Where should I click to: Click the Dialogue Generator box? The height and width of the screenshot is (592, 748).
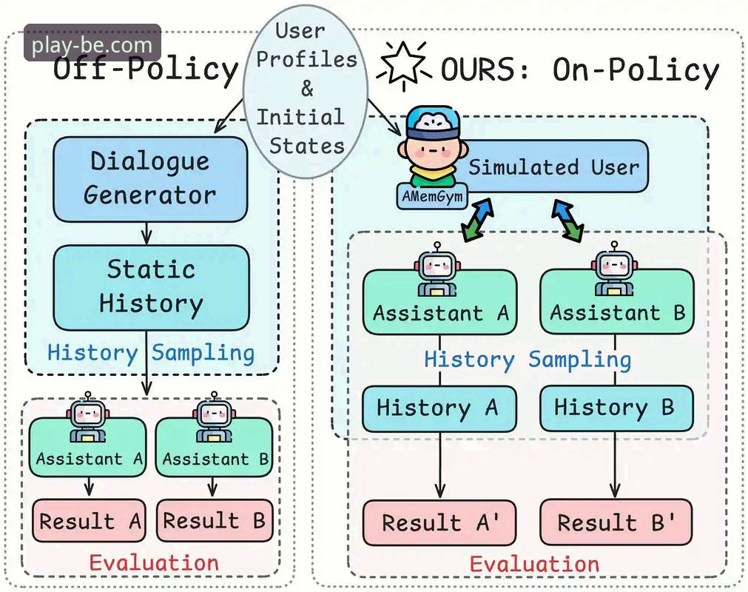150,179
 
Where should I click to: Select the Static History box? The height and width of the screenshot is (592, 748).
151,288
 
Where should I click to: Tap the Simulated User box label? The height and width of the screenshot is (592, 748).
553,167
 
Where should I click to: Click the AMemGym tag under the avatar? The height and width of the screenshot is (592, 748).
432,196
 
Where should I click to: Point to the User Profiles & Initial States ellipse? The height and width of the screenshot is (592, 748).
306,90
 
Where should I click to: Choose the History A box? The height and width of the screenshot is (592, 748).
439,408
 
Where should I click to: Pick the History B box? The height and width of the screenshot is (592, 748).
616,408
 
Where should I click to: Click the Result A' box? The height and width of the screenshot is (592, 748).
439,522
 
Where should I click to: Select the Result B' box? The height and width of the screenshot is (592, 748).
616,522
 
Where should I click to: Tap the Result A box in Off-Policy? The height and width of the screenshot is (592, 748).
89,520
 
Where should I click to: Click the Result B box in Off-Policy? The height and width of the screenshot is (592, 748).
215,520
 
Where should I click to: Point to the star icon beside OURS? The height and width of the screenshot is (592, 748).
403,65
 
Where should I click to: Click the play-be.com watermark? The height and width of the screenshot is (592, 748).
92,44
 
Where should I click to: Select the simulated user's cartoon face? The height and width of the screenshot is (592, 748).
432,147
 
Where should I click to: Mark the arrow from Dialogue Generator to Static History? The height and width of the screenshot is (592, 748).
147,234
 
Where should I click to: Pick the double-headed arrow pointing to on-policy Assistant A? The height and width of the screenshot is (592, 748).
477,220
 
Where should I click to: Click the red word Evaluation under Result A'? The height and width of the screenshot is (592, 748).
534,565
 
